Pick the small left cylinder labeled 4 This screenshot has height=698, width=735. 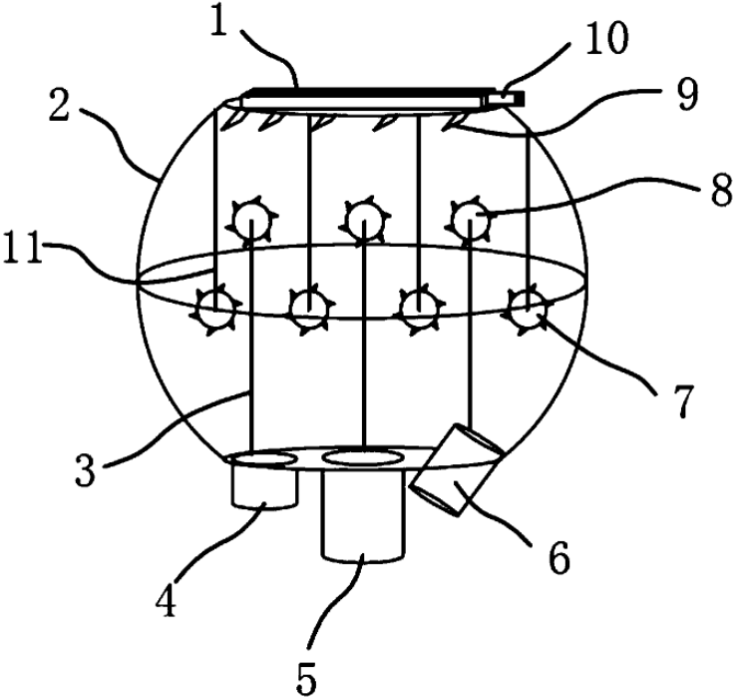click(x=264, y=485)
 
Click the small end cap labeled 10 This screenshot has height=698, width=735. click(x=510, y=96)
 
